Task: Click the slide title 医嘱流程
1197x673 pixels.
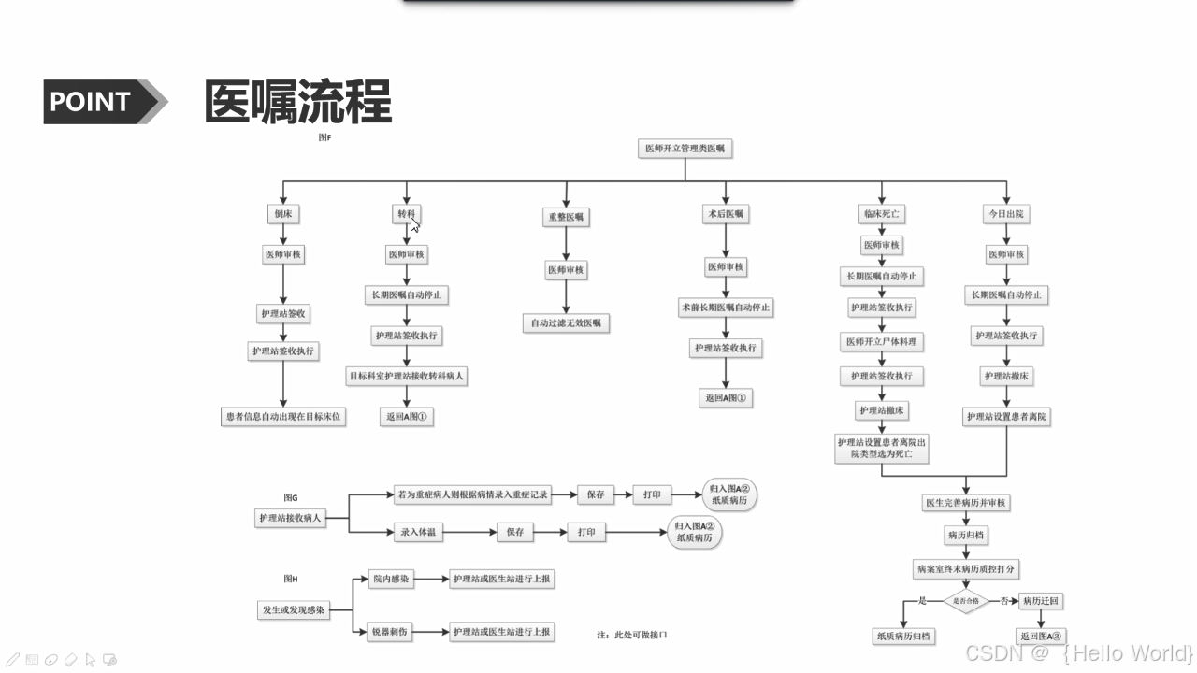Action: [x=297, y=102]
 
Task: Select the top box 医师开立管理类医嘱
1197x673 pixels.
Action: [x=685, y=148]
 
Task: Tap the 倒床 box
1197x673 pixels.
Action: [x=283, y=214]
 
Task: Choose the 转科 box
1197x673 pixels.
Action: [x=406, y=214]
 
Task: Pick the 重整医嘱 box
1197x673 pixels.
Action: [x=566, y=217]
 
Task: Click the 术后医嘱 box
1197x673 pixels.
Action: [x=726, y=214]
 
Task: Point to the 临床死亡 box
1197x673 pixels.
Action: [x=881, y=214]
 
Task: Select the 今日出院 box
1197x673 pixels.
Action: [x=1006, y=214]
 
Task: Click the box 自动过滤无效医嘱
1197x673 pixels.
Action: [x=566, y=323]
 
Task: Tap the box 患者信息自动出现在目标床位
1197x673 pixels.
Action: [x=282, y=416]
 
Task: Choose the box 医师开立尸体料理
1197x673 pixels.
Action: [x=882, y=342]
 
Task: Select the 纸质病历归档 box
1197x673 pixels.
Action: [x=902, y=637]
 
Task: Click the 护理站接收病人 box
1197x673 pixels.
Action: [x=291, y=518]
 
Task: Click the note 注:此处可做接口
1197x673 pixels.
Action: [x=632, y=635]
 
